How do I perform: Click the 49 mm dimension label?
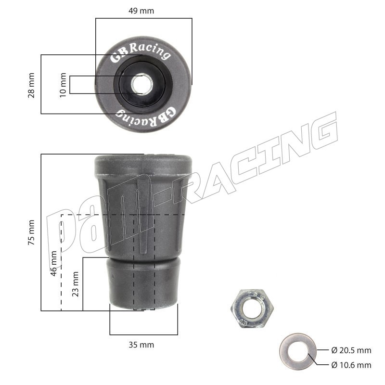tap(141, 11)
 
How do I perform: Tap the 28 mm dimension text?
tap(31, 85)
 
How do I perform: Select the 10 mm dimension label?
tap(63, 85)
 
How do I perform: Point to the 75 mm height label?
tap(31, 232)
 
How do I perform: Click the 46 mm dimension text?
tap(53, 263)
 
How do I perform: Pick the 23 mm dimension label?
tap(76, 284)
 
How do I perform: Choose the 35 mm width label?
tap(141, 345)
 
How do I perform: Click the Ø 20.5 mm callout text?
tap(351, 350)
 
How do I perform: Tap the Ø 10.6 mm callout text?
tap(351, 365)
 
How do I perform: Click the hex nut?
tap(252, 308)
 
